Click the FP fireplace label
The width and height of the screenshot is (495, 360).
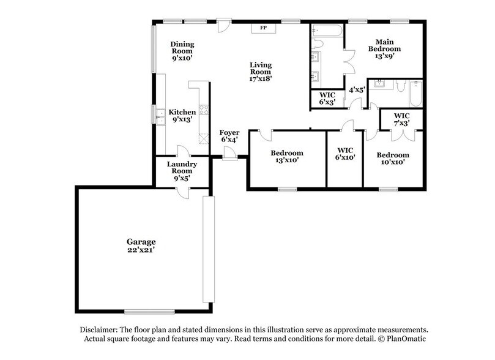click(x=264, y=28)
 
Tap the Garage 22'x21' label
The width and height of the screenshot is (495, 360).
click(x=141, y=246)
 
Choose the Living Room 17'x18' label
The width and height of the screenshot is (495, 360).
click(x=260, y=72)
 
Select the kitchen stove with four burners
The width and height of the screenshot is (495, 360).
click(x=203, y=112)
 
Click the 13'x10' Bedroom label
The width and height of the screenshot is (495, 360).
click(x=286, y=157)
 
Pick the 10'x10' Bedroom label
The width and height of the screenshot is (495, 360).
click(x=392, y=159)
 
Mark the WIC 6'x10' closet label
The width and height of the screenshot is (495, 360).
click(x=346, y=153)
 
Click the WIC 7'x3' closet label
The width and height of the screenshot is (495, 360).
click(x=401, y=119)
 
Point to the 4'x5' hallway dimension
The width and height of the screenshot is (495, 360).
click(x=357, y=89)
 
